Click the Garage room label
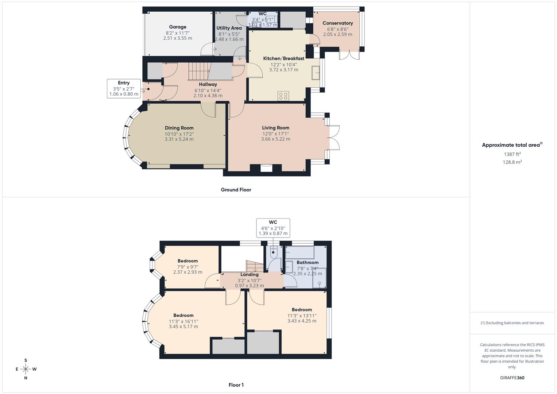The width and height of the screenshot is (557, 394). pyautogui.click(x=178, y=27)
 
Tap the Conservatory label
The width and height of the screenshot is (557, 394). pyautogui.click(x=337, y=23)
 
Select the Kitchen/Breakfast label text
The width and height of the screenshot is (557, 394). pyautogui.click(x=283, y=58)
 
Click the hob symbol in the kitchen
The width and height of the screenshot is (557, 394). pyautogui.click(x=283, y=96)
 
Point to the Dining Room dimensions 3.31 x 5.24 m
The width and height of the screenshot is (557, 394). pyautogui.click(x=179, y=139)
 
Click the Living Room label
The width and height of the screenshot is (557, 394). pyautogui.click(x=275, y=128)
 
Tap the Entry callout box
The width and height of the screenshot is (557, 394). pyautogui.click(x=124, y=88)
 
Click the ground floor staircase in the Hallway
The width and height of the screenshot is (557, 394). pyautogui.click(x=199, y=71)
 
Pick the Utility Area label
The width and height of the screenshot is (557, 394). pyautogui.click(x=229, y=28)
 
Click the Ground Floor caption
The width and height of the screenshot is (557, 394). pyautogui.click(x=236, y=190)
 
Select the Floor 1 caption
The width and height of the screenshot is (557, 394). pyautogui.click(x=236, y=385)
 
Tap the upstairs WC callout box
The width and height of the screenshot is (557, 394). pyautogui.click(x=273, y=228)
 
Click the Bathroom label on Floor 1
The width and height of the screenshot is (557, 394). pyautogui.click(x=307, y=262)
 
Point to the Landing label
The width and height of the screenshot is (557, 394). pyautogui.click(x=250, y=275)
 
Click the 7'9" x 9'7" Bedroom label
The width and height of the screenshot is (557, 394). pyautogui.click(x=187, y=261)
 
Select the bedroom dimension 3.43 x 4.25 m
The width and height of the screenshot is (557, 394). pyautogui.click(x=302, y=321)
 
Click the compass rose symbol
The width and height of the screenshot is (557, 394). pyautogui.click(x=26, y=369)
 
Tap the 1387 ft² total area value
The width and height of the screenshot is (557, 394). pyautogui.click(x=512, y=154)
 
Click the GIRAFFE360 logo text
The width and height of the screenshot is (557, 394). pyautogui.click(x=512, y=378)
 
